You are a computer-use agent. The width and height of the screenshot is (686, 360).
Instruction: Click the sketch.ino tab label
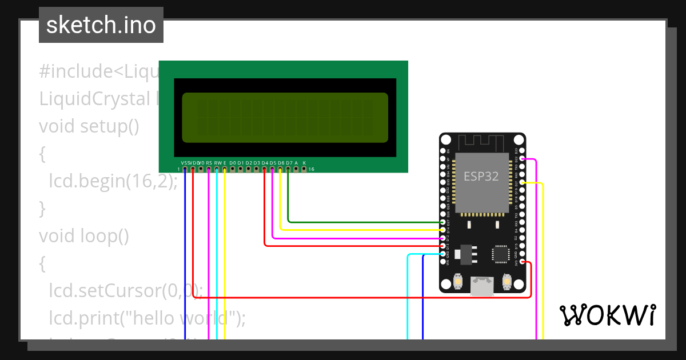tap(101, 25)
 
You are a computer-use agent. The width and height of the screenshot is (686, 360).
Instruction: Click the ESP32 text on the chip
tap(481, 177)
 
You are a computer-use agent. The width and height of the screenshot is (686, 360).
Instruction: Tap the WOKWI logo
tap(607, 315)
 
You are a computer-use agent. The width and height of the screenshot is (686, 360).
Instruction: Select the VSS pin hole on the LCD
tap(185, 169)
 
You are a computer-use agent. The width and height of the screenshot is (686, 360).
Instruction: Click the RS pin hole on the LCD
tap(209, 169)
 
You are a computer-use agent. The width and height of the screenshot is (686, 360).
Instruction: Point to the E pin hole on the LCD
tap(225, 169)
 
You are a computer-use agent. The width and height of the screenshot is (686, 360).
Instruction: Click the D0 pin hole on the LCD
tap(233, 169)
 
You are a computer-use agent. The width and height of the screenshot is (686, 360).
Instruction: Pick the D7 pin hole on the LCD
tap(288, 169)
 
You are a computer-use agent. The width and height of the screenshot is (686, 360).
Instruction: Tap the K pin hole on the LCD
tap(304, 169)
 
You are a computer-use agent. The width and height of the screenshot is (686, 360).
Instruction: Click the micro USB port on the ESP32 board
tap(482, 286)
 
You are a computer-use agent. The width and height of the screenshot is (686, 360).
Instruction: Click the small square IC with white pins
tap(501, 254)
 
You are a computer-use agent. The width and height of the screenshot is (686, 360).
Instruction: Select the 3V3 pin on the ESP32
tap(522, 262)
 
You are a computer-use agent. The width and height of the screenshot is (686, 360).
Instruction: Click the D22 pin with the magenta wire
tap(522, 159)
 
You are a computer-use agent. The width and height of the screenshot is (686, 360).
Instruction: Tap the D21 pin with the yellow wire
tap(522, 182)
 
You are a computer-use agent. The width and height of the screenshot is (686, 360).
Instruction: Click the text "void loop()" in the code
tap(84, 235)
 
